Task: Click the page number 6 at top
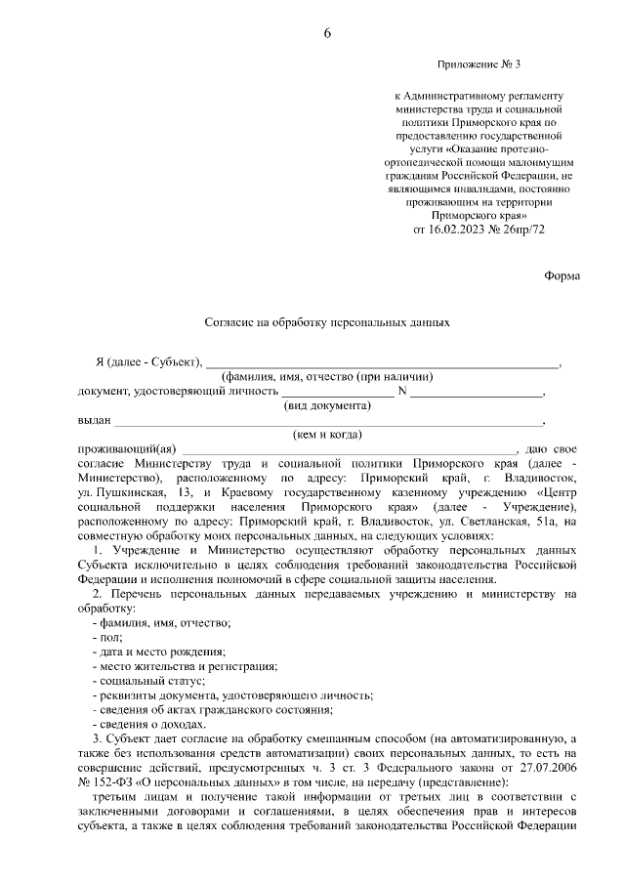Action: (327, 33)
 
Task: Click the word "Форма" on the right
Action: (562, 275)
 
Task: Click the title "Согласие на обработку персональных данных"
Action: (326, 320)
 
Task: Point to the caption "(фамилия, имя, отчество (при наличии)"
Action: (326, 377)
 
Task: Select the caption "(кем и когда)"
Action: (327, 435)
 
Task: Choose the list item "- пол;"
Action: (101, 637)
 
